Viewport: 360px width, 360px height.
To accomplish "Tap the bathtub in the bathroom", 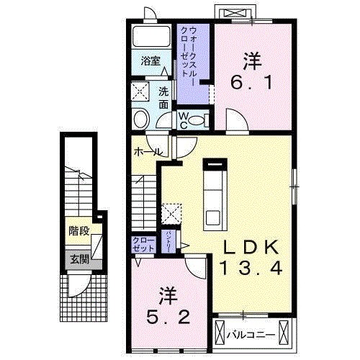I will pos(150,35).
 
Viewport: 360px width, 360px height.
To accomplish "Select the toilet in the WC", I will pos(142,119).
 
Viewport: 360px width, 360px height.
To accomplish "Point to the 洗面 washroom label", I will pos(164,97).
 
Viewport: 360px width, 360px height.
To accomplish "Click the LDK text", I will pos(248,246).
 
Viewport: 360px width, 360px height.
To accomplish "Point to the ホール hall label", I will pos(148,153).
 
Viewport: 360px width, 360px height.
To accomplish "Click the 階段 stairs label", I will pos(78,232).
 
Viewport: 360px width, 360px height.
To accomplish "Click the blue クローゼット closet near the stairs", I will pos(142,243).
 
